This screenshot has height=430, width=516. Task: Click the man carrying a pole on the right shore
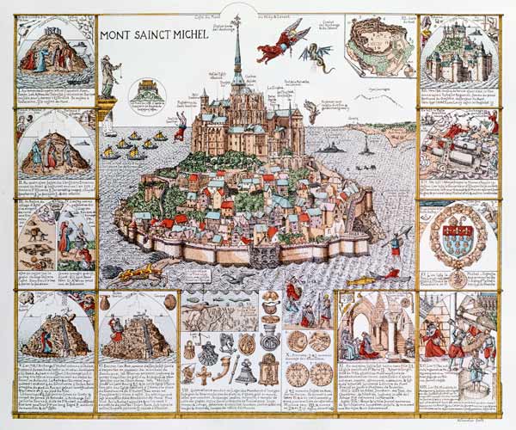(395, 247)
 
